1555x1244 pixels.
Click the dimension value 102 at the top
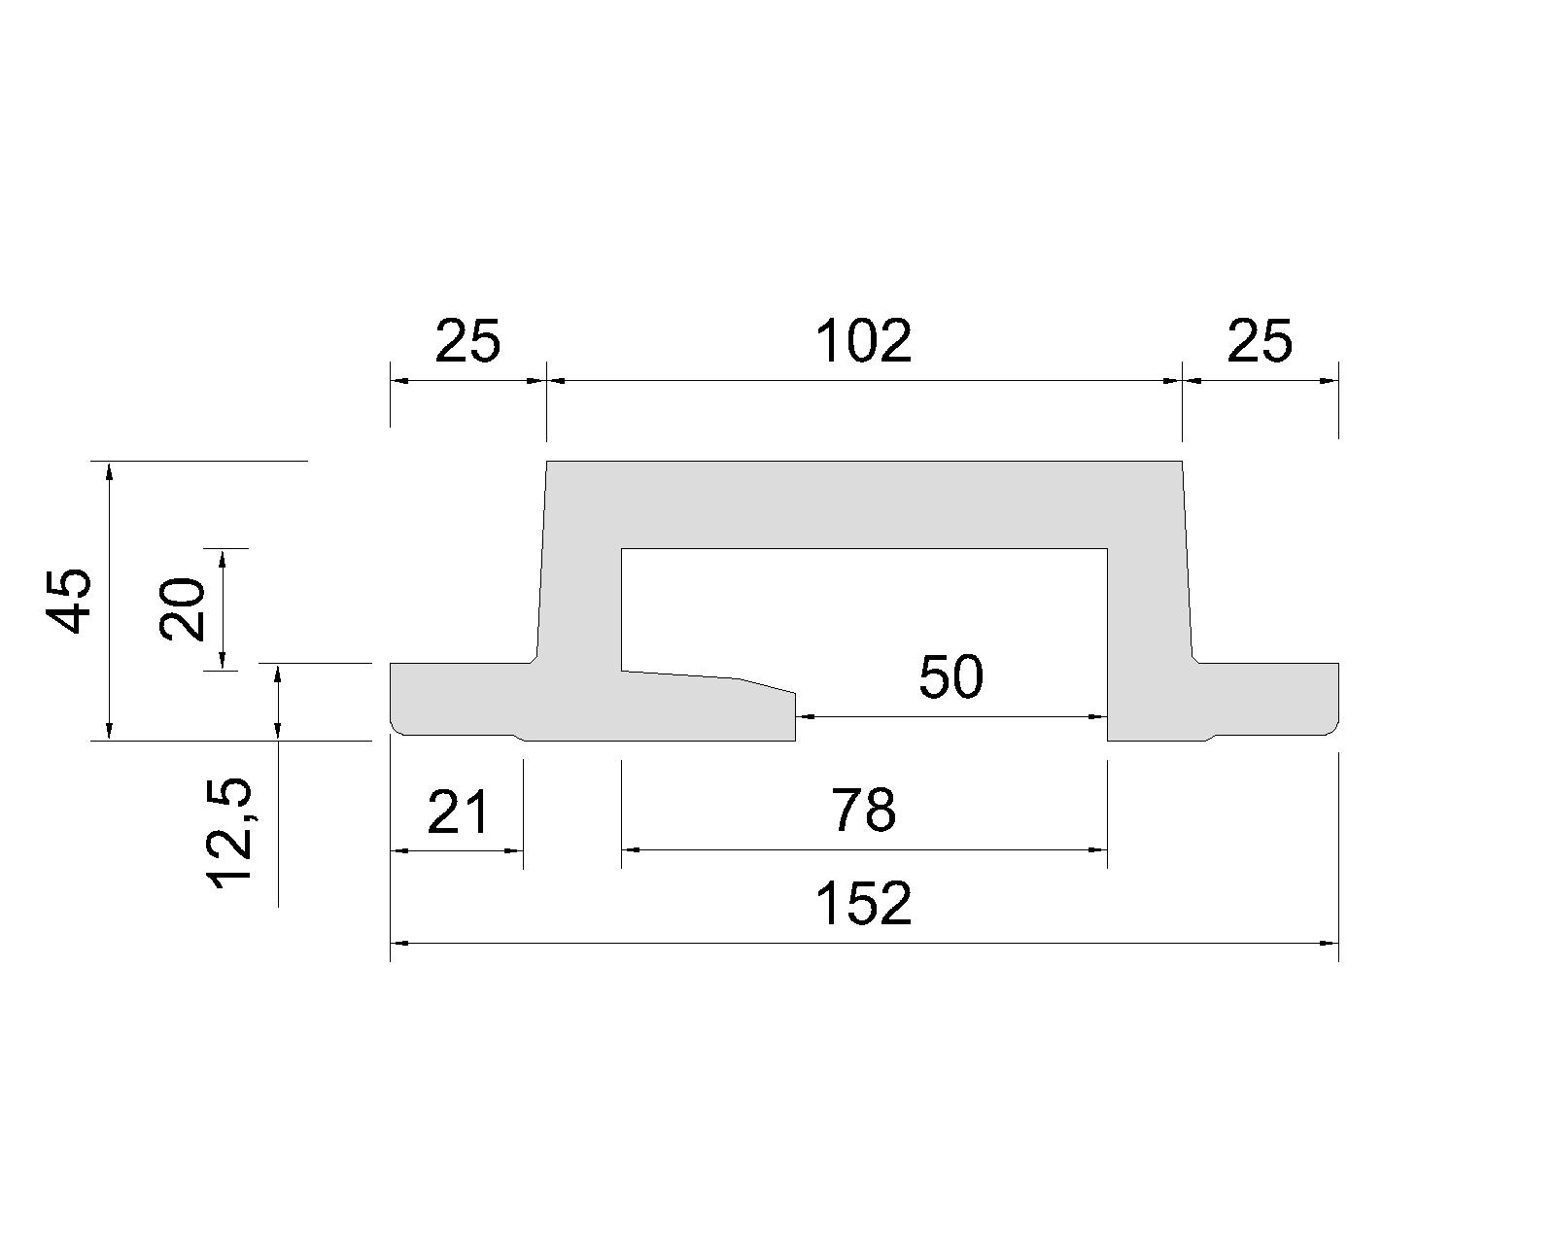[x=863, y=340]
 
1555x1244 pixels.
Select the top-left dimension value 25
[x=467, y=340]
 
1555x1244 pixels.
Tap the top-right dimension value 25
[x=1260, y=340]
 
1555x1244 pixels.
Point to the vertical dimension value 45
[x=69, y=601]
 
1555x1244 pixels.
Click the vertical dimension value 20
[x=182, y=608]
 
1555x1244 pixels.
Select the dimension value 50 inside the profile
[x=950, y=677]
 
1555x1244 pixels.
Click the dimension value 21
[x=458, y=811]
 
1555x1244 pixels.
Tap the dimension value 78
[x=864, y=811]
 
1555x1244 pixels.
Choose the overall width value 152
[x=864, y=904]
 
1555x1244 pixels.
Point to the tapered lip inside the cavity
[x=708, y=706]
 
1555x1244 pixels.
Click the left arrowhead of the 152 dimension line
[x=398, y=943]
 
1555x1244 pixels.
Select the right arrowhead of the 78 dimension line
[x=1099, y=850]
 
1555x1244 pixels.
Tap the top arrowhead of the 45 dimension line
[x=109, y=469]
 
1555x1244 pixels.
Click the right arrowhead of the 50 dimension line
[x=1099, y=716]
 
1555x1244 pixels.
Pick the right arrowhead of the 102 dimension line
[x=1173, y=381]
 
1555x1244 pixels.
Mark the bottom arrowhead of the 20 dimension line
[x=222, y=662]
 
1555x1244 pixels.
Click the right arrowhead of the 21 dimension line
[x=514, y=850]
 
